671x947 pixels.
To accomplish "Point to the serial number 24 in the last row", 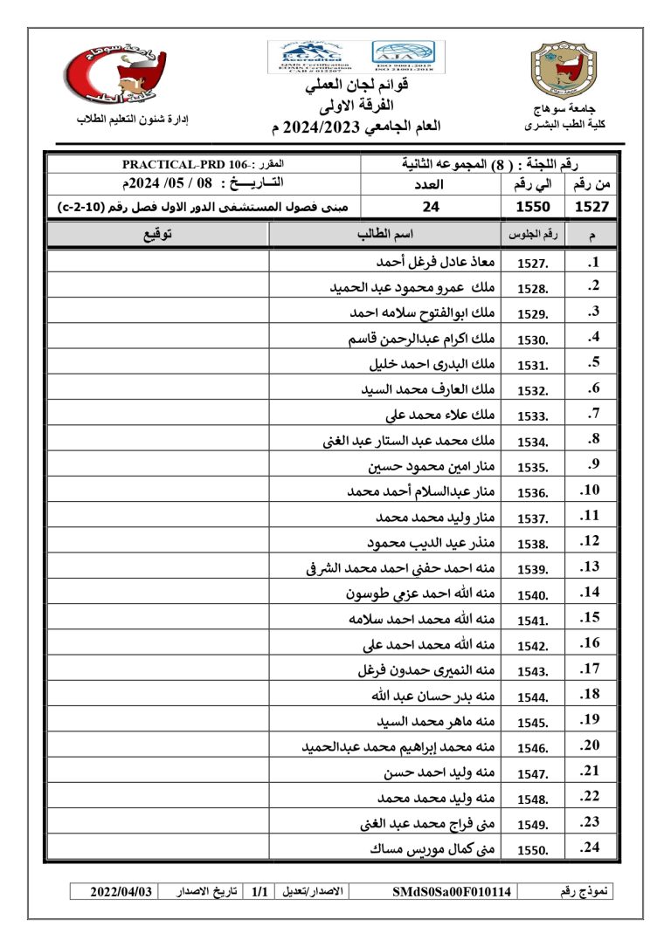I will click(x=590, y=847).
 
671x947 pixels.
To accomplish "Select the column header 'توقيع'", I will click(x=157, y=235).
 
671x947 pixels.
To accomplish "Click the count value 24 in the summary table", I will click(x=430, y=207).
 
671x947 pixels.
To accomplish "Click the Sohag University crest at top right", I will click(x=565, y=71).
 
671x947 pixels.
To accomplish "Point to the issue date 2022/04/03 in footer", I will click(x=122, y=892).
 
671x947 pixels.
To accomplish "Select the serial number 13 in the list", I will click(x=590, y=567).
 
